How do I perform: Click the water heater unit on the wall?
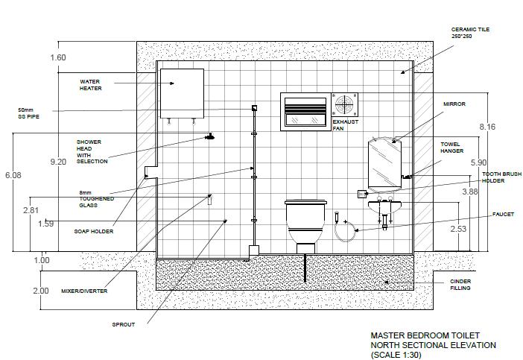pyautogui.click(x=182, y=92)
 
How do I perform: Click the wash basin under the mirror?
pyautogui.click(x=384, y=205)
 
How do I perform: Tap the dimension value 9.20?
pyautogui.click(x=57, y=161)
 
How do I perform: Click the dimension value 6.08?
pyautogui.click(x=13, y=175)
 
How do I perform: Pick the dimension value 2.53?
pyautogui.click(x=459, y=229)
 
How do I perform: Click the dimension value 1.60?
pyautogui.click(x=57, y=57)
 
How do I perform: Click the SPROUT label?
pyautogui.click(x=123, y=324)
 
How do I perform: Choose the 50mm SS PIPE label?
pyautogui.click(x=28, y=113)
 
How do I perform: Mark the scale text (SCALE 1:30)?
pyautogui.click(x=396, y=355)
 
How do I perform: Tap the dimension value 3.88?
pyautogui.click(x=470, y=192)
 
